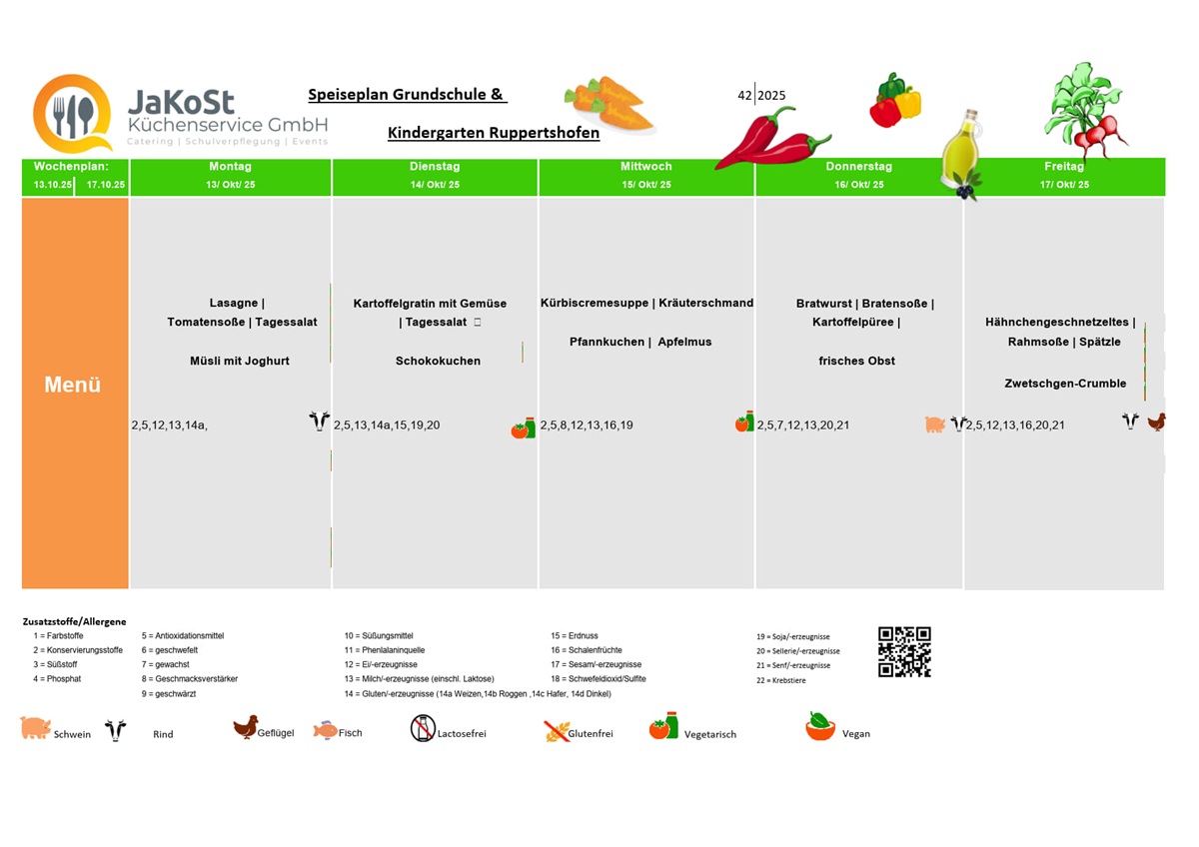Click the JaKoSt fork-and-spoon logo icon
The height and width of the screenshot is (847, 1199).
coord(72,114)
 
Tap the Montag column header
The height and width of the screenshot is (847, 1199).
coord(230,167)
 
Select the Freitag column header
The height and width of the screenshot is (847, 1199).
coord(1064,167)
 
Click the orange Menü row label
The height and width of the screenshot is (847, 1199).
coord(73,385)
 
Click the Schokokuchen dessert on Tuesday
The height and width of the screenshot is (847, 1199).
coord(438,361)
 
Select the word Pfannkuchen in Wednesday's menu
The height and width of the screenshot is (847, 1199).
coord(607,342)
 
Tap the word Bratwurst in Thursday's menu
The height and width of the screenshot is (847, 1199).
coord(824,303)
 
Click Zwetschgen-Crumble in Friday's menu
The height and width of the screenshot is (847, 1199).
coord(1065,384)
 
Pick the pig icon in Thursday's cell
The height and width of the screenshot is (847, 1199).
coord(935,424)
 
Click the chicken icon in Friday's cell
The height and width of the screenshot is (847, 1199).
coord(1156,423)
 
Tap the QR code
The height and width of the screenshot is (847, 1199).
coord(904,652)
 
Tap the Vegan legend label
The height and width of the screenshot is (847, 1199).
coord(856,733)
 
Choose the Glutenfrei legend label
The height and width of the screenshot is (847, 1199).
coord(591,733)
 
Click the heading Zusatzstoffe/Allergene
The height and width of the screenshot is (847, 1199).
coord(75,621)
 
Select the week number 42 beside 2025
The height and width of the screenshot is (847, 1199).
coord(744,96)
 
